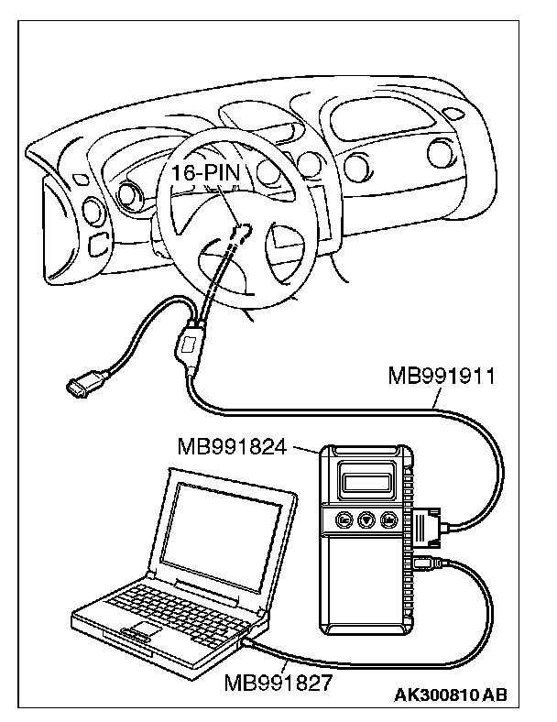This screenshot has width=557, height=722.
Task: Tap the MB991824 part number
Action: coord(233,448)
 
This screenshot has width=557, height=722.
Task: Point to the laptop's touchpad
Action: coord(137,633)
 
